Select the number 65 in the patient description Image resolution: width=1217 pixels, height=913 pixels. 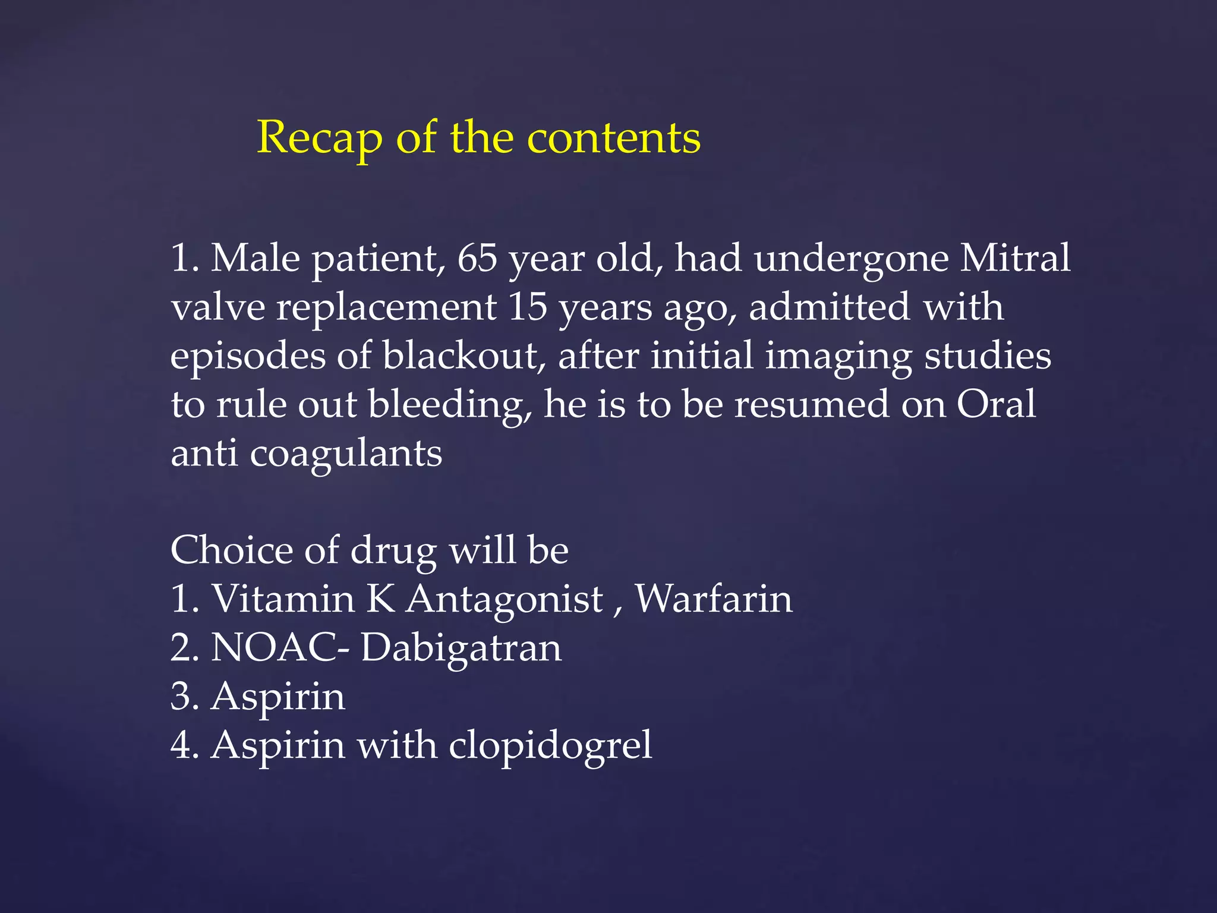tap(477, 259)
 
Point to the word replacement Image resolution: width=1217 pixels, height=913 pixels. tap(386, 308)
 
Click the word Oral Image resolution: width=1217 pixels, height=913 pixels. tap(996, 405)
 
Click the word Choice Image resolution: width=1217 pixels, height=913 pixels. tap(231, 550)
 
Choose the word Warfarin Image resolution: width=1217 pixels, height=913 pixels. tap(714, 599)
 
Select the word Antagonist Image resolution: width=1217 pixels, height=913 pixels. tap(505, 600)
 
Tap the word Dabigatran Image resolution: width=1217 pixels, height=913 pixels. tap(461, 648)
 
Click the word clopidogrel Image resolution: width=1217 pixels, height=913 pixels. tap(550, 746)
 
